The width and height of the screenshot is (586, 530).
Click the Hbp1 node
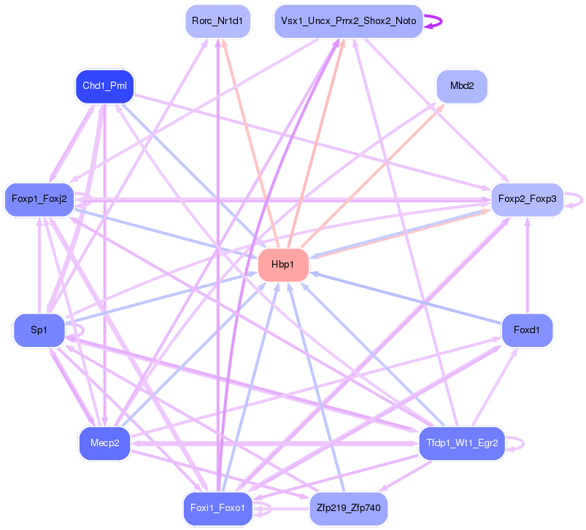click(x=283, y=265)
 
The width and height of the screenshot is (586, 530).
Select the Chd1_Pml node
click(x=105, y=87)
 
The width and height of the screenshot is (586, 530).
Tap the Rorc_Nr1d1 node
click(x=217, y=21)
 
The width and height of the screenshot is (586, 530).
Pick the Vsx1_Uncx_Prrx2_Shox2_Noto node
click(x=347, y=21)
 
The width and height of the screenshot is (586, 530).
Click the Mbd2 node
click(x=461, y=86)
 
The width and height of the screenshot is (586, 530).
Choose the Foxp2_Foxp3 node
click(x=527, y=198)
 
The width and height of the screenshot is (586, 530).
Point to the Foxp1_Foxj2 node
click(x=39, y=198)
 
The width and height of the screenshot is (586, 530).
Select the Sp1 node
click(x=39, y=330)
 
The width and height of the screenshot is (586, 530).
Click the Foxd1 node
click(x=526, y=330)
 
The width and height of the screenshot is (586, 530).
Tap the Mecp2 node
click(x=104, y=443)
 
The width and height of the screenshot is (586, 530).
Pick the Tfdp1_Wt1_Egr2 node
click(x=461, y=443)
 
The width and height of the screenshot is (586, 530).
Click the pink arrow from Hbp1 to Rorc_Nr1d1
click(x=248, y=139)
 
